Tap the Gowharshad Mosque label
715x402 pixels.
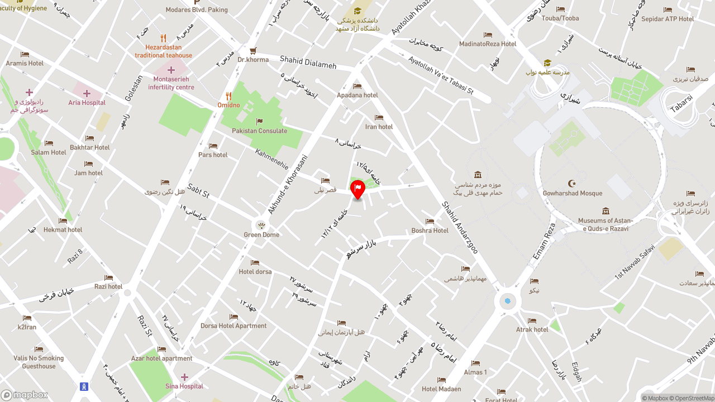[573, 193]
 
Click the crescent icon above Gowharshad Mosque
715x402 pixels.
[572, 183]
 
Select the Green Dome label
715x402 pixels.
[261, 234]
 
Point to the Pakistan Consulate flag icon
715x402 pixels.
[259, 121]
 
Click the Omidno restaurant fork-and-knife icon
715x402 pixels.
[228, 96]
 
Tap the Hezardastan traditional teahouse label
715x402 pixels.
[163, 51]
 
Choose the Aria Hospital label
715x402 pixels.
[87, 103]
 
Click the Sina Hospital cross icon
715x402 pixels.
[184, 377]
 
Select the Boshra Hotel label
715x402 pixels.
[430, 231]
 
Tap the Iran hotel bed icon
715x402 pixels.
[379, 117]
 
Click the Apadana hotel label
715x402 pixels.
[357, 95]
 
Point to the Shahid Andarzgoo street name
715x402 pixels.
[460, 228]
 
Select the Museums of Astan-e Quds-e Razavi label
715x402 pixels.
[606, 224]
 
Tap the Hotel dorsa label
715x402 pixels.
[255, 272]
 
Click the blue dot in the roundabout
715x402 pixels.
[507, 301]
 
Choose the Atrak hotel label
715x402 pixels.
[532, 329]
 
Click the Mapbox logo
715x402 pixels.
[25, 395]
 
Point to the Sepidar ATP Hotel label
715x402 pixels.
[668, 19]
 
